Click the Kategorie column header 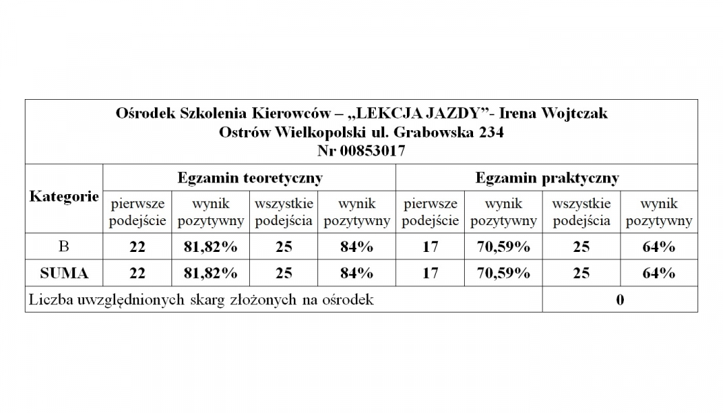click(64, 197)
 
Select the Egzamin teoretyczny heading click(250, 178)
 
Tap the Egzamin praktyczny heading click(547, 178)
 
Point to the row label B click(64, 247)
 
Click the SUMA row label click(64, 273)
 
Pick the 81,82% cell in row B click(211, 247)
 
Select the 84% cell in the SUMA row click(357, 273)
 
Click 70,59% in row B click(503, 247)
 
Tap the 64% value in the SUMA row click(658, 273)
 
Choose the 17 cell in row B click(430, 247)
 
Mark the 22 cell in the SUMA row click(137, 273)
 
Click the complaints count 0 click(620, 300)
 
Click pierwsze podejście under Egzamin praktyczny click(430, 212)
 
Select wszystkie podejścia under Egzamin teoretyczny click(284, 212)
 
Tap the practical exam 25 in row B click(581, 247)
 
